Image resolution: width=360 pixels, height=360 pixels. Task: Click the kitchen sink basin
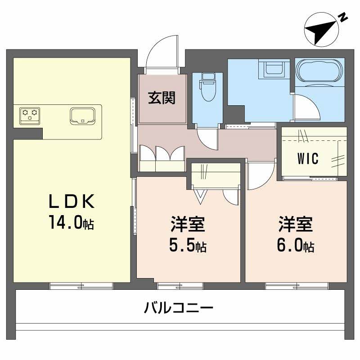(x=83, y=116)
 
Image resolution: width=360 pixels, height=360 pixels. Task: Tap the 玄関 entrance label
(x=162, y=97)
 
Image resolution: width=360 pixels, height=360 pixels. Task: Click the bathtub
(x=319, y=71)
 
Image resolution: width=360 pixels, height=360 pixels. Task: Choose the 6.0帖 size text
(x=296, y=245)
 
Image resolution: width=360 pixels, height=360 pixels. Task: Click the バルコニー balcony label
(x=179, y=309)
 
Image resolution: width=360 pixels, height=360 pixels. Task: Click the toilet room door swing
(x=208, y=138)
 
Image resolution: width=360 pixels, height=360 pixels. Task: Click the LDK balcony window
(x=81, y=285)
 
